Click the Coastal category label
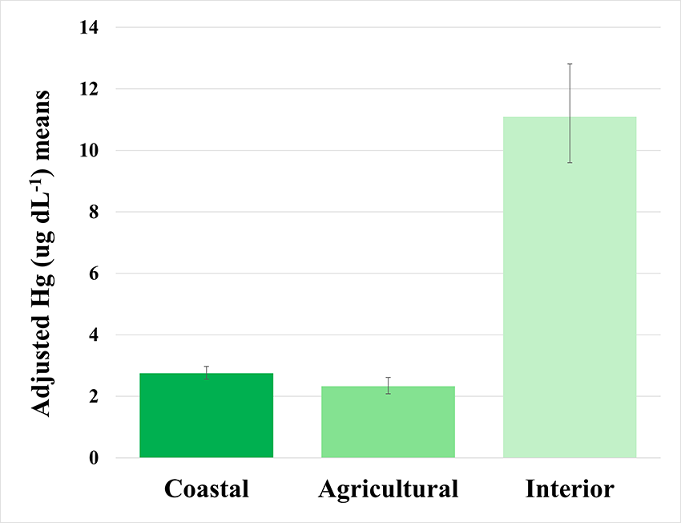pos(207,489)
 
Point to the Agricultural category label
pos(389,489)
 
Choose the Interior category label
pos(570,489)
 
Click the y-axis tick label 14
pos(89,28)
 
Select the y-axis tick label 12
pos(89,89)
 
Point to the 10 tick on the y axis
pos(89,151)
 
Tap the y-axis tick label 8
pos(94,213)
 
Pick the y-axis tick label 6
pos(94,274)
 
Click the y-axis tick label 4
pos(94,335)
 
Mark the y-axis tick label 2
pos(94,397)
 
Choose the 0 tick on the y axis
pos(94,458)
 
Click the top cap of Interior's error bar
pos(570,64)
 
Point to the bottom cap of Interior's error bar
pos(570,163)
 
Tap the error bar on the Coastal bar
pos(207,372)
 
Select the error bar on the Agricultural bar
pos(388,385)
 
